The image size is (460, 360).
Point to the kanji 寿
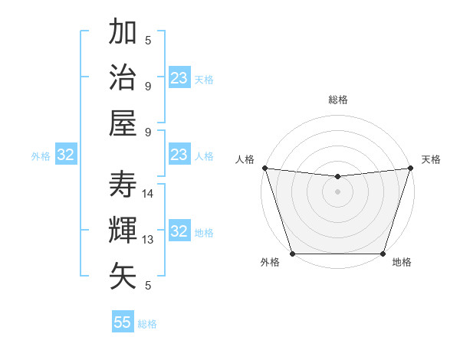point(123,184)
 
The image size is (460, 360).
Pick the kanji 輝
point(123,230)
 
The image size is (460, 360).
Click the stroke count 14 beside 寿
point(149,194)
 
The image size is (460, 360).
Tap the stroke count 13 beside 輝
point(149,240)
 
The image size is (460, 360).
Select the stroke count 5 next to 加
point(148,41)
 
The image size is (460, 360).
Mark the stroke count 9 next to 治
point(148,86)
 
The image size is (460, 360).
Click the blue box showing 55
point(123,322)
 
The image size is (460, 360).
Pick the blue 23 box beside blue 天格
point(179,77)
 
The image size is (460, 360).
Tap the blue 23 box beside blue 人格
point(179,155)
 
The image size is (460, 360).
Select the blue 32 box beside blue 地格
point(179,231)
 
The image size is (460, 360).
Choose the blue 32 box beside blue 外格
point(66,155)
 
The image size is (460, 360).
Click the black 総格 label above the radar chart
point(338,100)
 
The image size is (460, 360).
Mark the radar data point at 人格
point(264,168)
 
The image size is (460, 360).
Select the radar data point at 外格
point(293,254)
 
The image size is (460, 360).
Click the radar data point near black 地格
point(383,254)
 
